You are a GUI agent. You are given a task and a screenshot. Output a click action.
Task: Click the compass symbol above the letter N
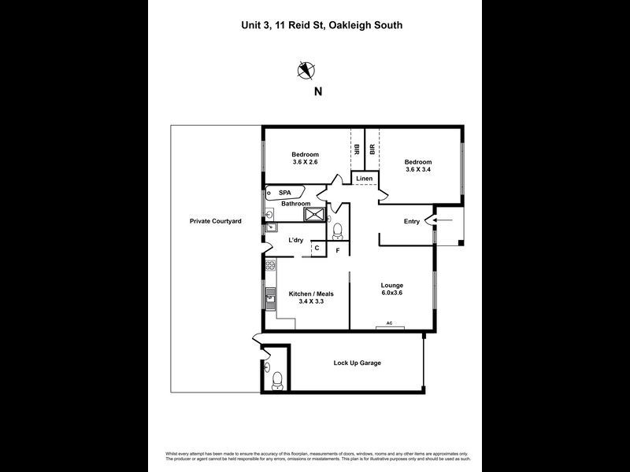pyautogui.click(x=306, y=71)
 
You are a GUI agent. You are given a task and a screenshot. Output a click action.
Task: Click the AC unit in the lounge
pyautogui.click(x=389, y=323)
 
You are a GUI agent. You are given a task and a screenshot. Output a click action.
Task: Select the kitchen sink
pyautogui.click(x=269, y=297)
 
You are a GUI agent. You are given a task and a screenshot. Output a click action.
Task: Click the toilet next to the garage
pyautogui.click(x=276, y=382)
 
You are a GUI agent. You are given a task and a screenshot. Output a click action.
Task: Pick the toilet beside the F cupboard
pyautogui.click(x=337, y=231)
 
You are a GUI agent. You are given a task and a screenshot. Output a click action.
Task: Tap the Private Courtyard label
pyautogui.click(x=215, y=222)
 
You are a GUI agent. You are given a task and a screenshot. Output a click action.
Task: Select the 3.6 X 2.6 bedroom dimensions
pyautogui.click(x=305, y=162)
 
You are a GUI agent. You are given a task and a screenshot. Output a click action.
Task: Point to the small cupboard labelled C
pyautogui.click(x=317, y=249)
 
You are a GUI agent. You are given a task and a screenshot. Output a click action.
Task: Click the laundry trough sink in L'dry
pyautogui.click(x=270, y=228)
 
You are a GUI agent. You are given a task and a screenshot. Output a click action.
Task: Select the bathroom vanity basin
pyautogui.click(x=270, y=212)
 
